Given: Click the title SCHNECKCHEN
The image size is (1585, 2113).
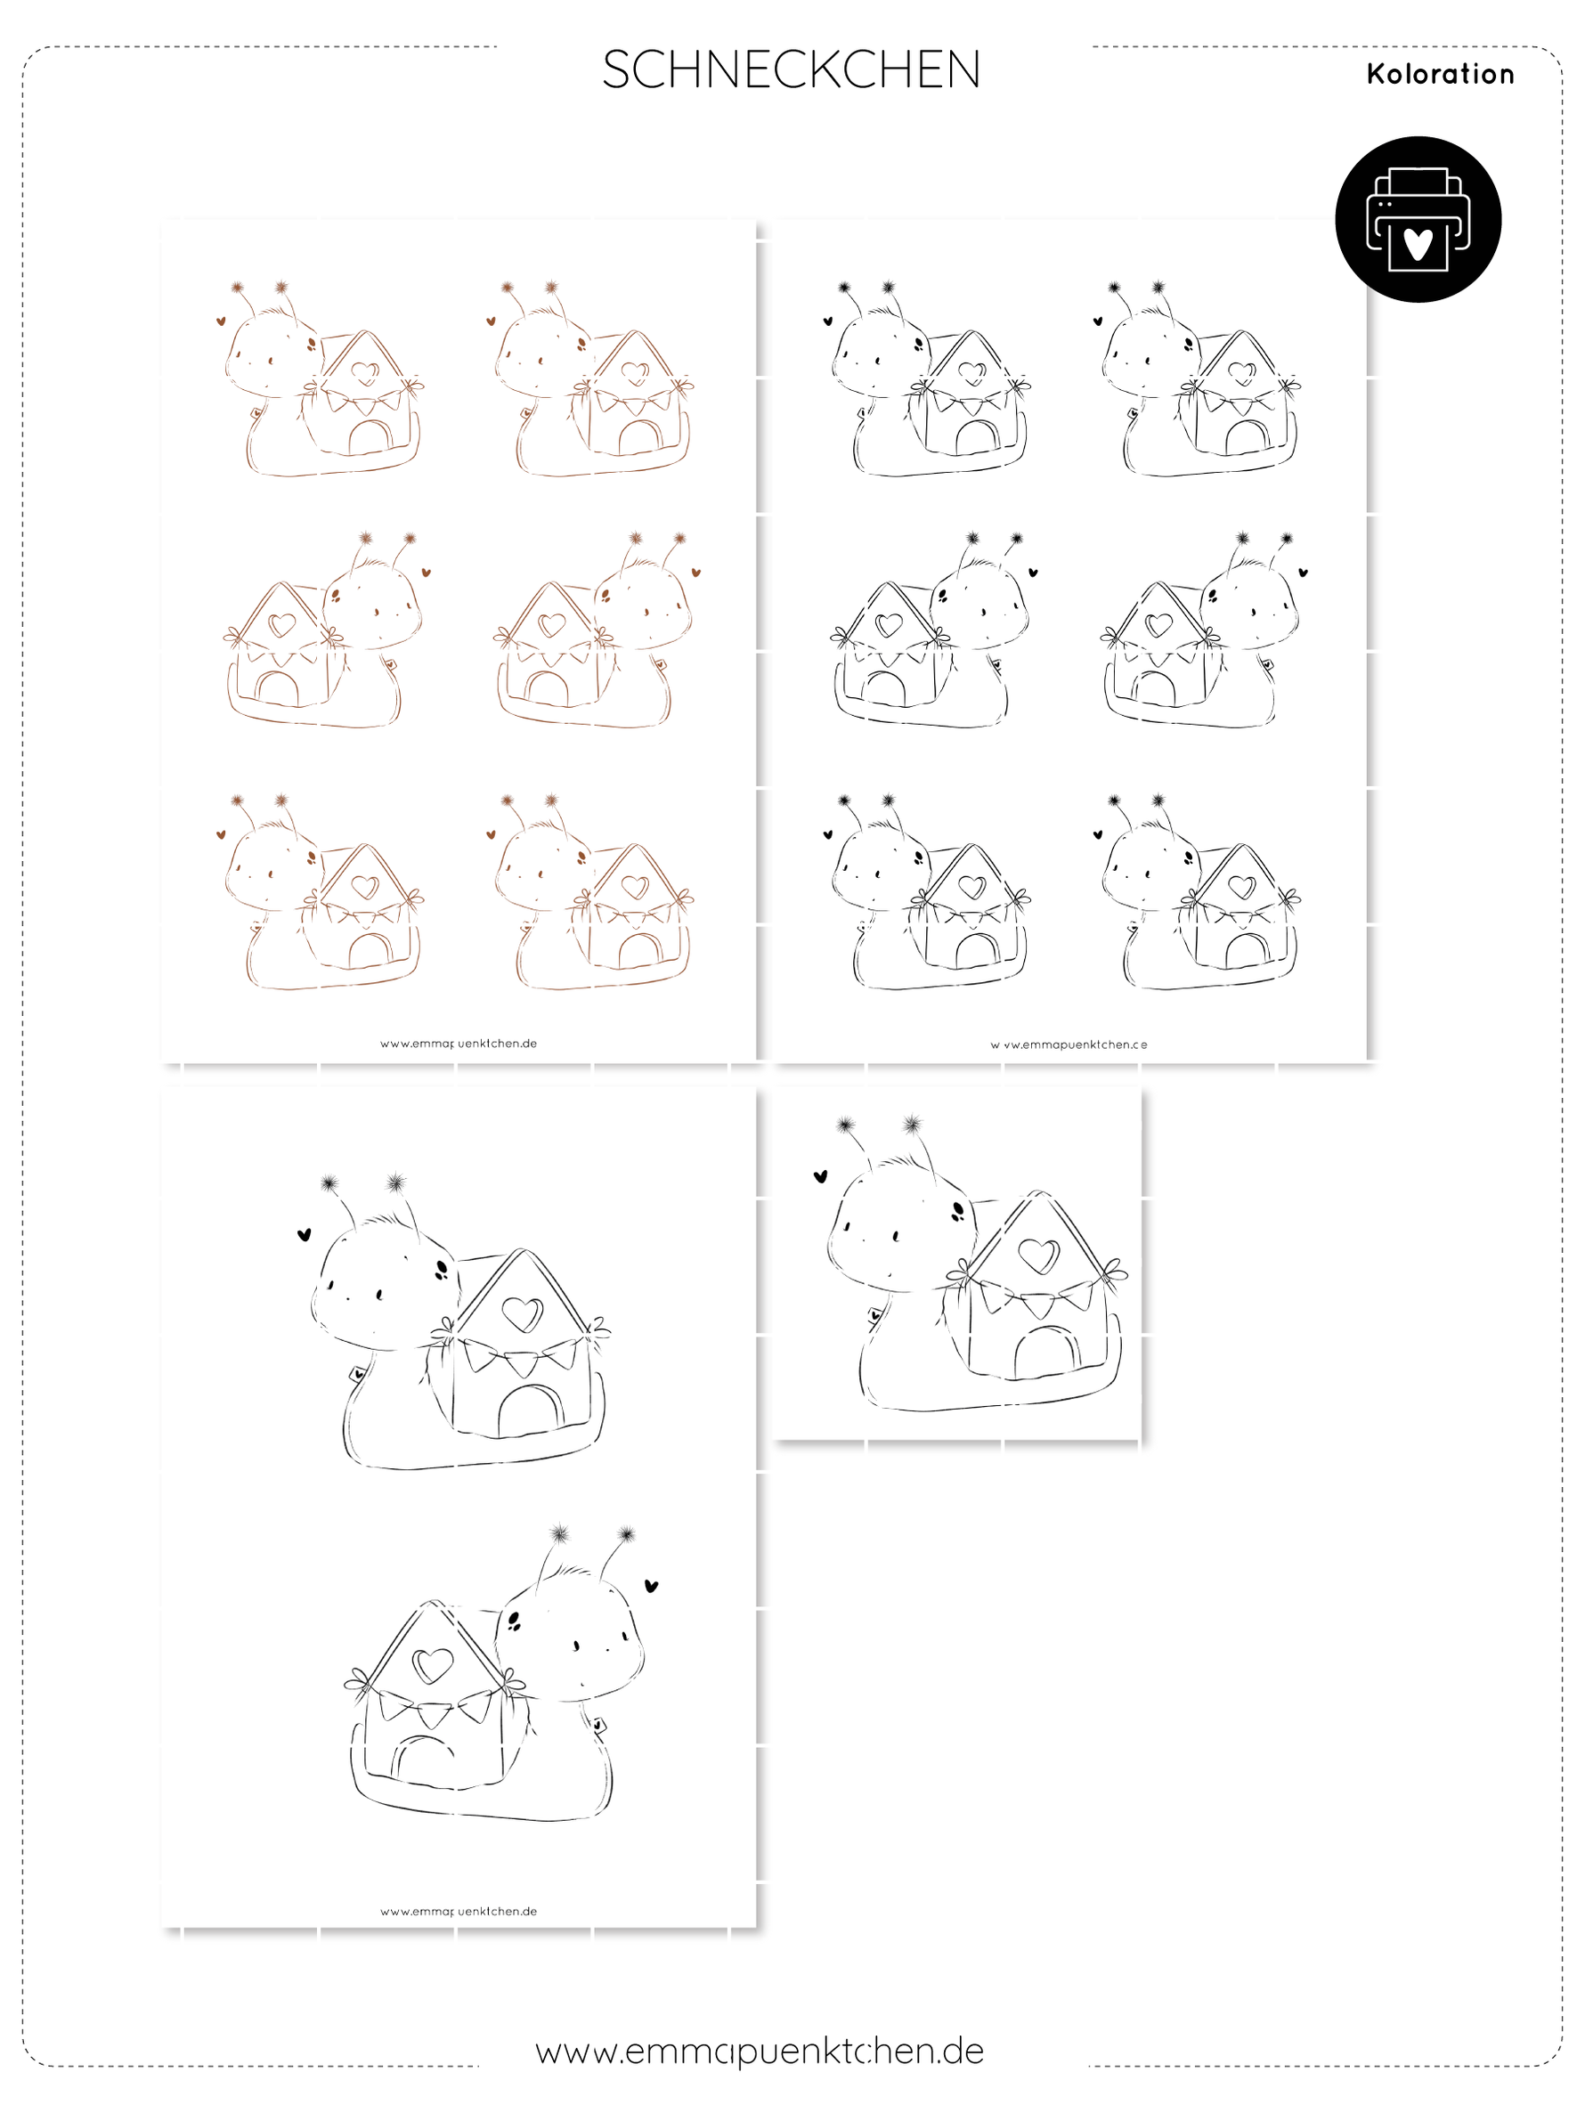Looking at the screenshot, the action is [791, 69].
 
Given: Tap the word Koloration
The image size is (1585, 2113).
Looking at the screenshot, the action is [1440, 74].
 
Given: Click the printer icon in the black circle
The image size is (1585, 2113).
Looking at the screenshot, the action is [1418, 219].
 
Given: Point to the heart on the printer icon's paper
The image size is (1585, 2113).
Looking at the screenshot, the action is [1418, 245].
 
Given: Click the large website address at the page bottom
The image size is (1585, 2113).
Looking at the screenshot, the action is [760, 2051].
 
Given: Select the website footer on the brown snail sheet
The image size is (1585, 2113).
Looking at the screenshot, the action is [459, 1043].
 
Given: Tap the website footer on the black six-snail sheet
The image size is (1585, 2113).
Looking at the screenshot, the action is [1069, 1044].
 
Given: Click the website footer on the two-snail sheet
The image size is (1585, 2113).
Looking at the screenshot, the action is [459, 1912].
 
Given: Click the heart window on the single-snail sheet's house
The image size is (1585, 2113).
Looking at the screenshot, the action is [1038, 1255].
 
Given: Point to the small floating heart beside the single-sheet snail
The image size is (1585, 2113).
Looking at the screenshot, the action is [820, 1177].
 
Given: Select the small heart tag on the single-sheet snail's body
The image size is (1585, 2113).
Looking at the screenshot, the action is [874, 1314].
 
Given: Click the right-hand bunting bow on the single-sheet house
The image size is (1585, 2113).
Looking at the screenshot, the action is [1112, 1272].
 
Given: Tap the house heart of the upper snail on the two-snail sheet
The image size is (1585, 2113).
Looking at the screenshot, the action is [523, 1314].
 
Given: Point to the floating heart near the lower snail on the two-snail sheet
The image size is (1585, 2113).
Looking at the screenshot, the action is [652, 1587].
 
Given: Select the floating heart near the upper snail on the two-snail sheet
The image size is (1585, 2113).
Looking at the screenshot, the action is [304, 1234].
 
